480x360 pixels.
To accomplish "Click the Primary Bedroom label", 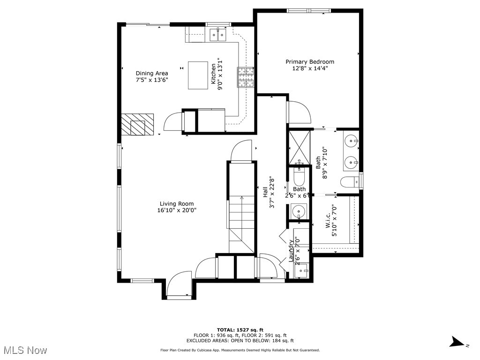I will (x=310, y=62).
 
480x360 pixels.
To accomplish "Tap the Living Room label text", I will (x=176, y=204).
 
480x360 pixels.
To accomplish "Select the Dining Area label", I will (x=152, y=73).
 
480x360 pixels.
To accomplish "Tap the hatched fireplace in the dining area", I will (x=137, y=125).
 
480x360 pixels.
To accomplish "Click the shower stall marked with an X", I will (x=299, y=145).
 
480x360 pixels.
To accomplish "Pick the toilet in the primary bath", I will (x=349, y=182).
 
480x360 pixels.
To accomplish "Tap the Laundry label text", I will (x=291, y=251).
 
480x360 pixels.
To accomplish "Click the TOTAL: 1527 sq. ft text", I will (x=240, y=330).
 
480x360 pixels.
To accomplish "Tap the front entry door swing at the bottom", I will (x=179, y=285).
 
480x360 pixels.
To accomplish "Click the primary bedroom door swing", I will (x=298, y=112).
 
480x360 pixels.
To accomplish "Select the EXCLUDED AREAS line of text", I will (x=240, y=341).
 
